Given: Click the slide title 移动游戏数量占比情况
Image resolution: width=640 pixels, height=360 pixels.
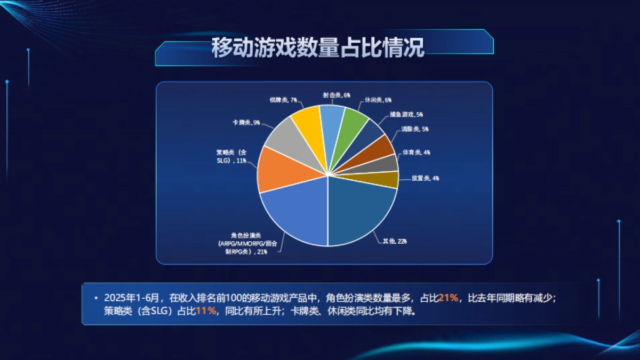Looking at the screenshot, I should (318, 48).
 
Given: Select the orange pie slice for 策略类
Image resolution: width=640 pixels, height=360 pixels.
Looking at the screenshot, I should (288, 170).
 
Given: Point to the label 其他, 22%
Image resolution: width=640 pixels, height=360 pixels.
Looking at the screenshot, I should (395, 241).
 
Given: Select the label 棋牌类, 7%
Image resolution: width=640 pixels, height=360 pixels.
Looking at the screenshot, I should (284, 100).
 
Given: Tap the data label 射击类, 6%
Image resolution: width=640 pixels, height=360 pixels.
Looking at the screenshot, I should (336, 95).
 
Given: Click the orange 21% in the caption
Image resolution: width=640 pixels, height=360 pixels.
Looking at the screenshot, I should (448, 298).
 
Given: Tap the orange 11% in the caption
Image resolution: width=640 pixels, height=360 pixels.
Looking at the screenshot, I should (206, 311).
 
